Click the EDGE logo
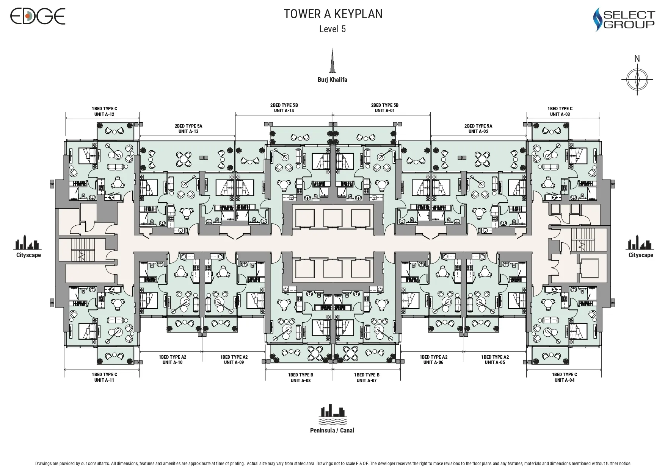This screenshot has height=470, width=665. (x=38, y=16)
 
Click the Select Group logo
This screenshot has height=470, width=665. (x=624, y=20)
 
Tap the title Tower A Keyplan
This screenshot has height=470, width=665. (x=333, y=14)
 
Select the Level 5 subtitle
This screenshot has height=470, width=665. (x=332, y=29)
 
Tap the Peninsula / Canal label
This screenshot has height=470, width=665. (x=332, y=430)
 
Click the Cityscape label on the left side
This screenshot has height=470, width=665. (x=28, y=255)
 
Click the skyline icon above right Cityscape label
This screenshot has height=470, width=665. (x=639, y=242)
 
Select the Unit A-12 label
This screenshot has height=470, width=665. (x=104, y=114)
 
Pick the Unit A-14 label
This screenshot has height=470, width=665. (x=284, y=111)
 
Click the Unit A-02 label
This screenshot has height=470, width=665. (x=478, y=131)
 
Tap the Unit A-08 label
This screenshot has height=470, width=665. (x=300, y=380)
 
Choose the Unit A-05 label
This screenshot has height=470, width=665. (x=495, y=362)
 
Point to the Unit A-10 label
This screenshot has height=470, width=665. (x=173, y=362)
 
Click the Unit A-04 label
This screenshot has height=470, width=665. (x=564, y=380)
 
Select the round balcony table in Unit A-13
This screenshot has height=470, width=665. (x=184, y=158)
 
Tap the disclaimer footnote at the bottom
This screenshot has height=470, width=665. (x=332, y=464)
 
